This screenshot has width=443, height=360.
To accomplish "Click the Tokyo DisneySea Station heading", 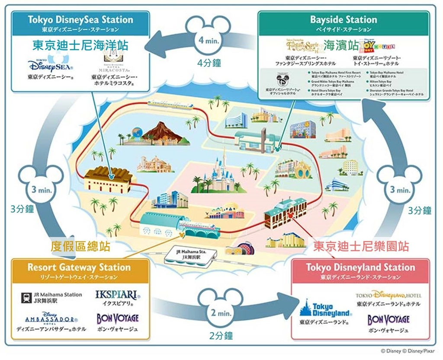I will [80, 19].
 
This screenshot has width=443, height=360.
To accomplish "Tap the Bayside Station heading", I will [343, 19].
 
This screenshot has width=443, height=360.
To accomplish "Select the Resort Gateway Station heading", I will [79, 267].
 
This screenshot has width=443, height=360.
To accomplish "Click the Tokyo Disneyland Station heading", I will [360, 267].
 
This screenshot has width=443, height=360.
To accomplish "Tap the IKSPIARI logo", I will [118, 296].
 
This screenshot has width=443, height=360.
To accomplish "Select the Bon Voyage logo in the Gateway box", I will [118, 319].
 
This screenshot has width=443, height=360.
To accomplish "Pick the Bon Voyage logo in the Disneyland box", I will [388, 320].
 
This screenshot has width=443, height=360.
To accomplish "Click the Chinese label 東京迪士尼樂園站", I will [361, 247].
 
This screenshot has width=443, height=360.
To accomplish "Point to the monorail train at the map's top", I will [166, 104].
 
